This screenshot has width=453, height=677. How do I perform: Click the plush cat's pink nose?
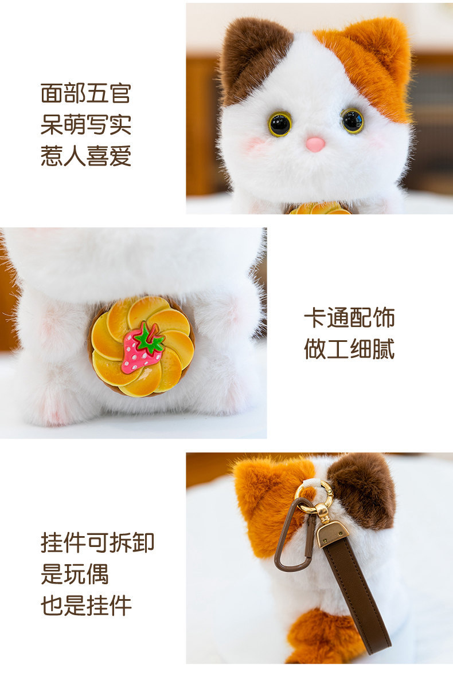315,144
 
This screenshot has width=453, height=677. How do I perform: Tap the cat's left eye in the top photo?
280,124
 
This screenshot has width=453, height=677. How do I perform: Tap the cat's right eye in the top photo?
352,120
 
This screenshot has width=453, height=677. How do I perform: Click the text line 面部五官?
86,93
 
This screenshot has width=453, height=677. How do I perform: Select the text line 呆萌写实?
86,124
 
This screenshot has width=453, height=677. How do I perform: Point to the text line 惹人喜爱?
86,156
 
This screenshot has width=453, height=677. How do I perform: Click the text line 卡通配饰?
349,318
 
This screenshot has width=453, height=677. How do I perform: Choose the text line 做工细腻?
349,349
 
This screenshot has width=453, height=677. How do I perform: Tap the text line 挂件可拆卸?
97,542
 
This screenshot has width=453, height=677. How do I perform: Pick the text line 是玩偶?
75,574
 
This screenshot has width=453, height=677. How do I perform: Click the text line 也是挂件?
86,605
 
